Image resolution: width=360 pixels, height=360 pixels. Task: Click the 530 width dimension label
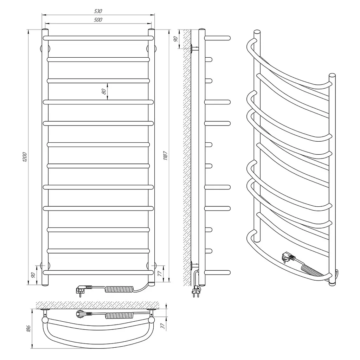point(98,11)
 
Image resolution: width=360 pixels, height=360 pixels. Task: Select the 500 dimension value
point(98,20)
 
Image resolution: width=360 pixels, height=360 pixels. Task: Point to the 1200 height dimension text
point(25,157)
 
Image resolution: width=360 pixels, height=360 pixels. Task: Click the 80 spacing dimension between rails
point(104,92)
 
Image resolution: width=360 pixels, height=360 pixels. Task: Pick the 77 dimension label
point(160,273)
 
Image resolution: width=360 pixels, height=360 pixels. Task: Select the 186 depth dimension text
point(28,328)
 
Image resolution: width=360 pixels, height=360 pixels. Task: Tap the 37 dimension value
point(163,326)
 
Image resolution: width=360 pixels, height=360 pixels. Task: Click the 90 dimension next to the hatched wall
point(176,39)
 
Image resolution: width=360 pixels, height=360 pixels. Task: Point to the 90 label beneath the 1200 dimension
point(33,275)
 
